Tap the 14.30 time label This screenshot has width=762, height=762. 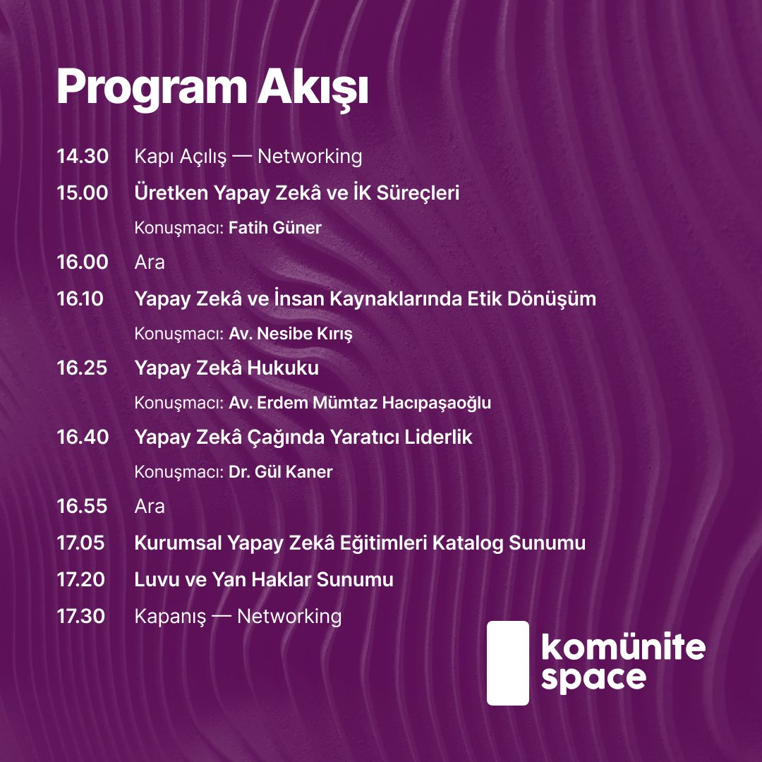83,157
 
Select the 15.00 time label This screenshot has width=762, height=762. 83,193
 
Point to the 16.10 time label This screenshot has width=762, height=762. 80,299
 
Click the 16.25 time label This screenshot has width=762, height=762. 82,368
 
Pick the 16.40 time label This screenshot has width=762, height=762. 83,437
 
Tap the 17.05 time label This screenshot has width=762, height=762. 81,544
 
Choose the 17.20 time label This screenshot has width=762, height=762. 81,580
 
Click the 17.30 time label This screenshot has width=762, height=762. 81,616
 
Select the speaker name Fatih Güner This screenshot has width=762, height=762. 275,229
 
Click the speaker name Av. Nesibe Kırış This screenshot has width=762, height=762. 290,334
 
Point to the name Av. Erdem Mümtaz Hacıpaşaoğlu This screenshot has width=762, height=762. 360,403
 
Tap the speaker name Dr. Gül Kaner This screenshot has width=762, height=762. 280,472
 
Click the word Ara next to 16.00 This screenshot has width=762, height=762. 150,263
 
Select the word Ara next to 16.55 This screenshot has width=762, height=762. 150,507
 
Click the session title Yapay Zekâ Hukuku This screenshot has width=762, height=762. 226,368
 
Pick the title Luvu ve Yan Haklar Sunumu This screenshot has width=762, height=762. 264,580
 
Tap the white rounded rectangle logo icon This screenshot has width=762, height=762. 508,663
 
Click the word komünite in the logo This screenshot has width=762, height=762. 622,648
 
